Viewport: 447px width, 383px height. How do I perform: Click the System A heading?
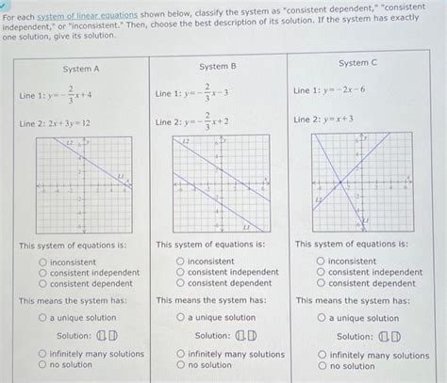[81, 69]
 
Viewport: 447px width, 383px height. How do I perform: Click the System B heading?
[218, 67]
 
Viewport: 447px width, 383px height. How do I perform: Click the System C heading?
[357, 62]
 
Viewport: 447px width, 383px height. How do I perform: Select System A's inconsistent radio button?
[42, 263]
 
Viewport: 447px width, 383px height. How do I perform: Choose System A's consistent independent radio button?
[42, 273]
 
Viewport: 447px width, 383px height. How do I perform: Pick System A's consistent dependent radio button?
[42, 283]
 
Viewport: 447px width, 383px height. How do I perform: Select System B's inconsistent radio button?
[180, 262]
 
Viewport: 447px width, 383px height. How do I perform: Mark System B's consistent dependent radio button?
[180, 282]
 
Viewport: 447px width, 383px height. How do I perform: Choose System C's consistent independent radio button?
[321, 272]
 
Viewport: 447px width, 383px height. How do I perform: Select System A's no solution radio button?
[42, 364]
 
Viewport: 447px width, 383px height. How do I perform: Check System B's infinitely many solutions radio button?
[180, 354]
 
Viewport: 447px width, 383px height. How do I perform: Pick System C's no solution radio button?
[321, 365]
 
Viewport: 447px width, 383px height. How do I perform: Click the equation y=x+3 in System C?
[325, 120]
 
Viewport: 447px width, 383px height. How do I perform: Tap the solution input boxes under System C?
[389, 336]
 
